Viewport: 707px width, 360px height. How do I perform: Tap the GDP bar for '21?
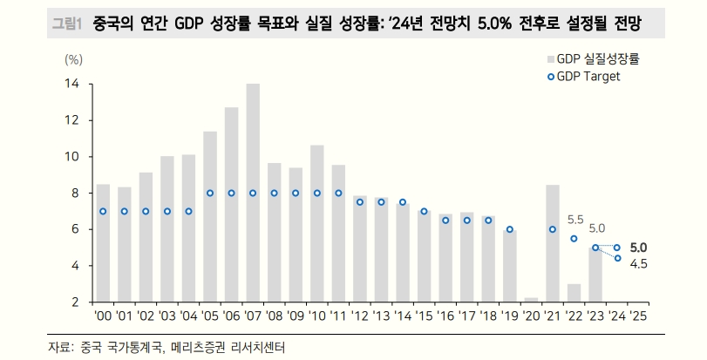coord(552,243)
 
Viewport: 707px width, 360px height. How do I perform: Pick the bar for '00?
coord(103,243)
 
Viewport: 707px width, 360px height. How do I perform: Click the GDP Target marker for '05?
coord(210,193)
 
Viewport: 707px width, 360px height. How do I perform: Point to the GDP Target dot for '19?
coord(509,229)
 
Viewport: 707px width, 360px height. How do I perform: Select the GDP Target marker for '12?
coord(359,201)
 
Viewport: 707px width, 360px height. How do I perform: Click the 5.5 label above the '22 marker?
coord(575,220)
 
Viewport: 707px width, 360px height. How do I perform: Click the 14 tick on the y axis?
coord(71,85)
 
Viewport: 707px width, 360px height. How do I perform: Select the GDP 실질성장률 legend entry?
coord(595,59)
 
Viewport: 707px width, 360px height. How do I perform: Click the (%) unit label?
coord(74,59)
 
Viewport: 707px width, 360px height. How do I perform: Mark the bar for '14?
coord(403,253)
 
